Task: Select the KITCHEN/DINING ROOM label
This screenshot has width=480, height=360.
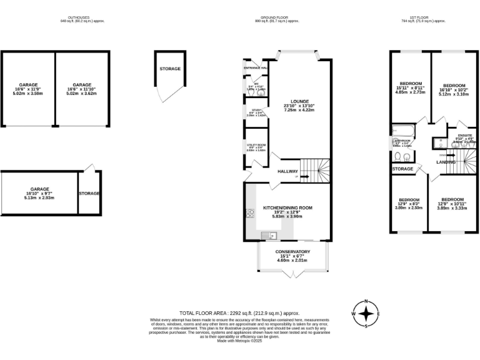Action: click(x=287, y=207)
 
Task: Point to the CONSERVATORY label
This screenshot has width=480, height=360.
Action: click(x=292, y=252)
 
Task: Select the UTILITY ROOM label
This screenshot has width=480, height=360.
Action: click(x=256, y=144)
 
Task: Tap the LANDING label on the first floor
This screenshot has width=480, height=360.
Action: click(x=446, y=162)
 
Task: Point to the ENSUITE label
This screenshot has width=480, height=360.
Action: click(x=465, y=135)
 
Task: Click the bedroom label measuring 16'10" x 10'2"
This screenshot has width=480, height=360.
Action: click(x=454, y=85)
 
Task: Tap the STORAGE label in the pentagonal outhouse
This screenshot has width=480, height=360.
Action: click(x=170, y=69)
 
